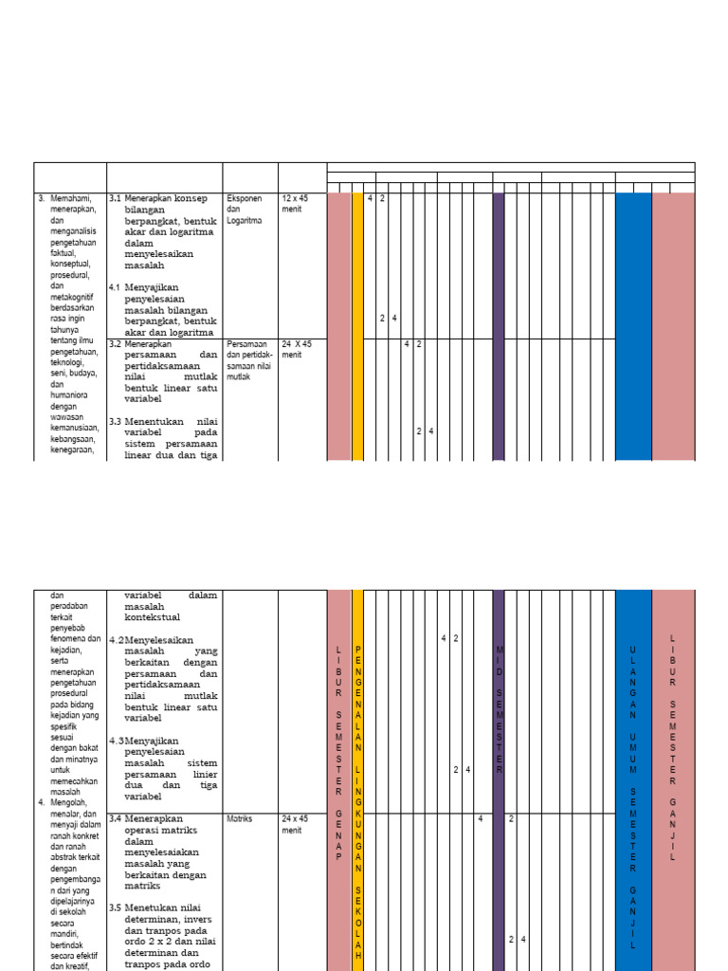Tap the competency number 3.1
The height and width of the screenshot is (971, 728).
(115, 198)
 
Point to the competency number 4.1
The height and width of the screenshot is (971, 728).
(115, 287)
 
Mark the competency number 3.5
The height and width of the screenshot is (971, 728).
(115, 880)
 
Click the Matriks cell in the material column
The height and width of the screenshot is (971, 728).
(240, 817)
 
